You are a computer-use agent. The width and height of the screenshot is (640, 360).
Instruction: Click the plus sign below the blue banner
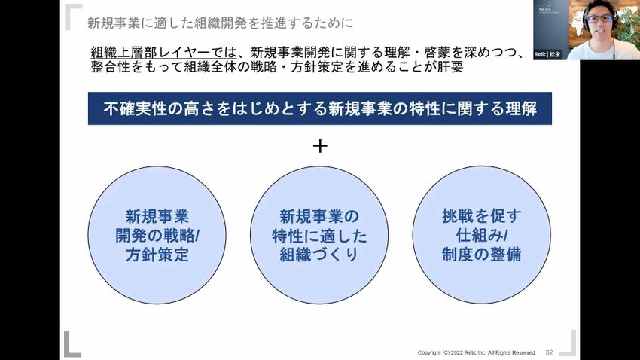320,146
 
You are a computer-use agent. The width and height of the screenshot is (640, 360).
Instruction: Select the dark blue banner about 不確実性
320,108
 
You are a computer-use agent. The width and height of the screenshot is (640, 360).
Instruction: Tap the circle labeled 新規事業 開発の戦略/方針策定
158,235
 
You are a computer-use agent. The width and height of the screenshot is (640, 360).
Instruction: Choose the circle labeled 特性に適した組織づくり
320,235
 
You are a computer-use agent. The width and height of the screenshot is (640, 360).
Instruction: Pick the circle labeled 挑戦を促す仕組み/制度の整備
482,235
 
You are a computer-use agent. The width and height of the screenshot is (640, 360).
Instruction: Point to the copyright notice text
477,352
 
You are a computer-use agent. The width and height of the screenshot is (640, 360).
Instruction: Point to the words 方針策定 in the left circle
158,255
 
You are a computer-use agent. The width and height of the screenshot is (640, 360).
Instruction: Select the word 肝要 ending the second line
447,66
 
